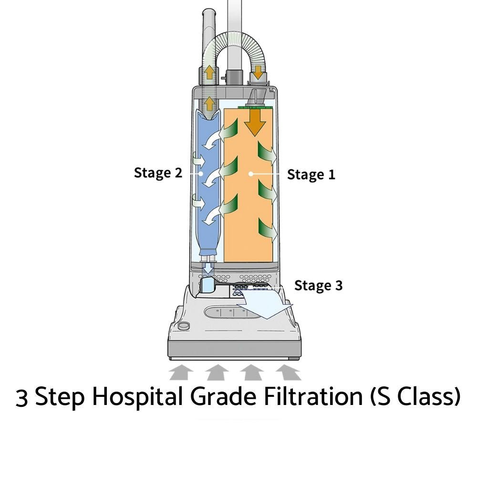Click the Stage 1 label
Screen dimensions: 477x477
click(311, 175)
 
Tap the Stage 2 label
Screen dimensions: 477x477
click(158, 172)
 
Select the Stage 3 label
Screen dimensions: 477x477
click(318, 285)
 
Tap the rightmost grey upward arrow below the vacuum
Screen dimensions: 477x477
click(288, 371)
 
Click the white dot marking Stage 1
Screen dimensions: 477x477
click(250, 174)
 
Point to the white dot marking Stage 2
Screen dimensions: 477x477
click(202, 173)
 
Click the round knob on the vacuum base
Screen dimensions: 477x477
click(182, 326)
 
